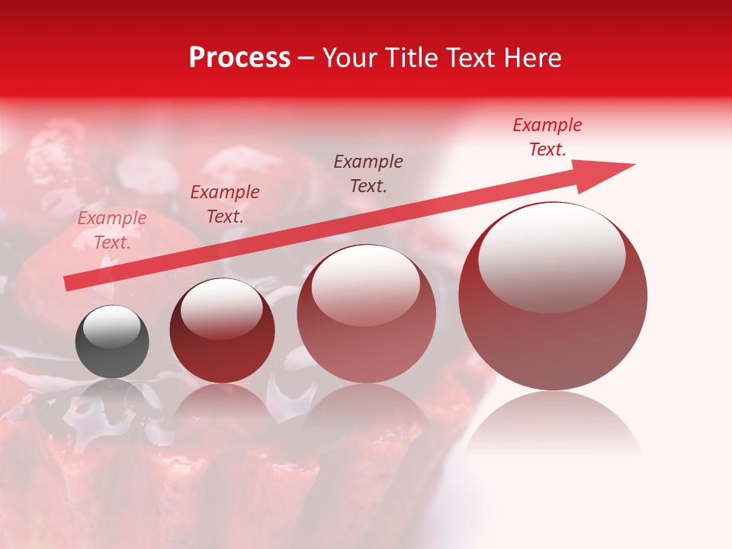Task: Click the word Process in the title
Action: (239, 58)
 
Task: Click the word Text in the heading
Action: (472, 58)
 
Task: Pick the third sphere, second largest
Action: (366, 313)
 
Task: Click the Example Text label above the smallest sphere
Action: (112, 230)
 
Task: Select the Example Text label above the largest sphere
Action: (547, 137)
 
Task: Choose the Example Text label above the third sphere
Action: (368, 174)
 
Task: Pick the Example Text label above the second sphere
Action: (225, 204)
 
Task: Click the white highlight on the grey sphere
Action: (111, 326)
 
